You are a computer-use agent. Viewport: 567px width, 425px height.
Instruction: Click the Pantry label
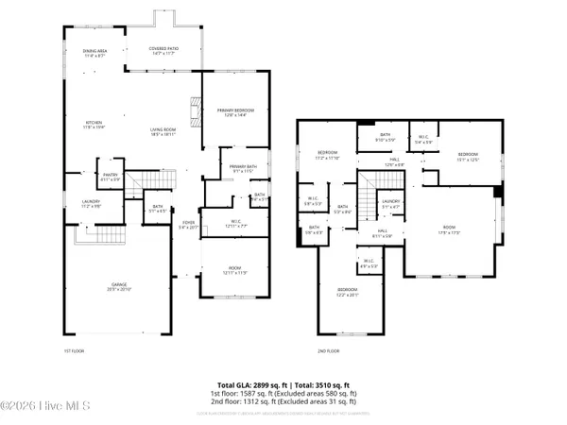[x=112, y=176]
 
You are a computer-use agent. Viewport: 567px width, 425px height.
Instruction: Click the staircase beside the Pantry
[x=140, y=180]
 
